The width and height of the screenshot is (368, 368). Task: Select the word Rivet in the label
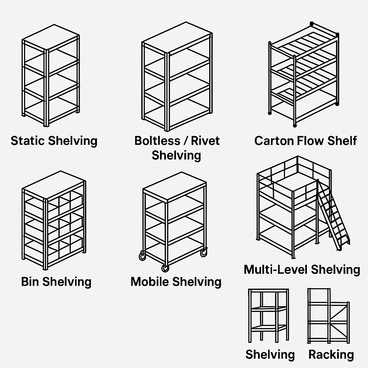[206, 141]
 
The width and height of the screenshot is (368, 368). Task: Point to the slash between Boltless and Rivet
[185, 141]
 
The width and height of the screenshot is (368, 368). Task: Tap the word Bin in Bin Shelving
[30, 281]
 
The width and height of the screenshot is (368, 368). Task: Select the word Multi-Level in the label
[276, 269]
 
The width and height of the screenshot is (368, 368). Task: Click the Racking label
[331, 355]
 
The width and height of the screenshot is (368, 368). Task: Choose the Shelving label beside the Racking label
[270, 355]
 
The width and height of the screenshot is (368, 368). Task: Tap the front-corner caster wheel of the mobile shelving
[165, 268]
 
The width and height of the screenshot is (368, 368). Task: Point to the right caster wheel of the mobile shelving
[204, 253]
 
